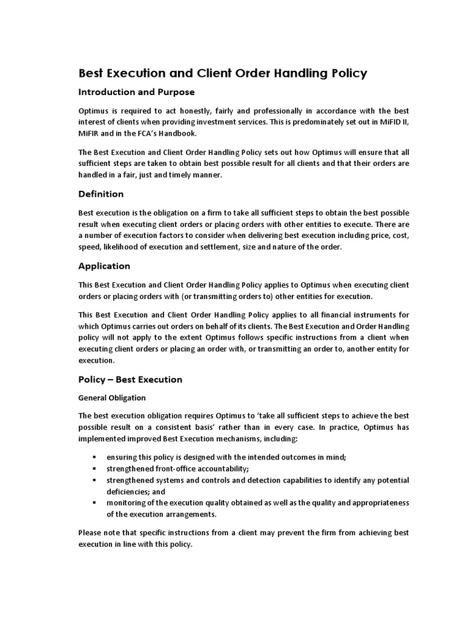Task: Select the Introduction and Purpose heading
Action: click(x=136, y=93)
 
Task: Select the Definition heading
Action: click(x=101, y=194)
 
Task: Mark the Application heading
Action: click(x=104, y=266)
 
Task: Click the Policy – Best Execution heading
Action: click(x=130, y=380)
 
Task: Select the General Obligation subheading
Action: click(x=113, y=398)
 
